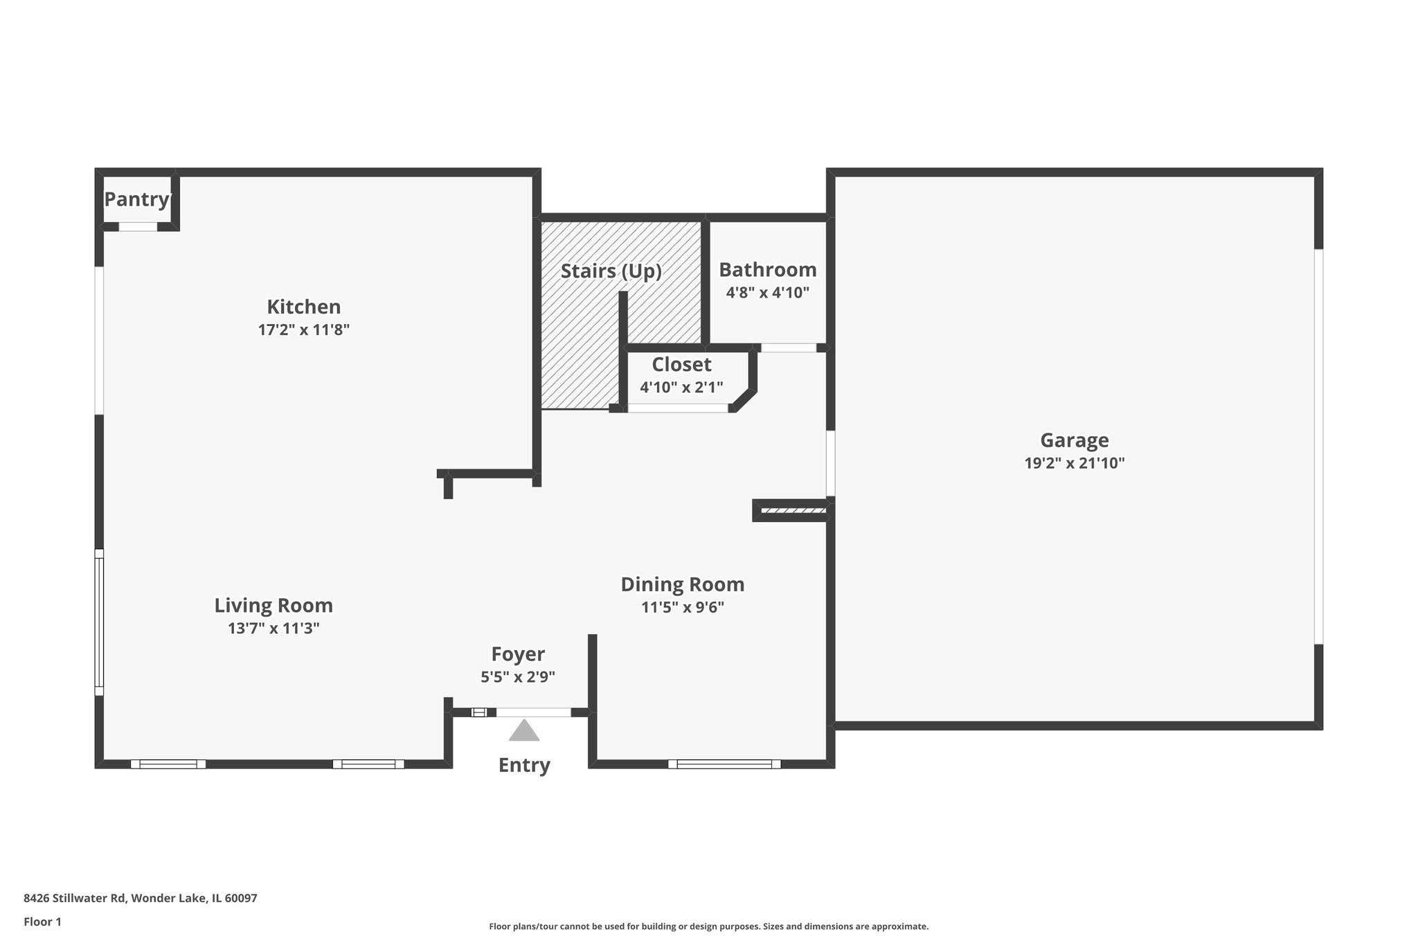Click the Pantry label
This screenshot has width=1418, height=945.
pos(137,199)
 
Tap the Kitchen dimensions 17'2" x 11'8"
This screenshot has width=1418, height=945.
pos(303,330)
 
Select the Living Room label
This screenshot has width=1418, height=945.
pos(273,606)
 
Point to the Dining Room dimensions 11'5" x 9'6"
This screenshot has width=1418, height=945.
pos(682,608)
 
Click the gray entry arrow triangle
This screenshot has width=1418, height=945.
pos(524,731)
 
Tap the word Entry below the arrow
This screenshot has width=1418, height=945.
pos(524,765)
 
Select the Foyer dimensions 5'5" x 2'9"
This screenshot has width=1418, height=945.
pos(518,677)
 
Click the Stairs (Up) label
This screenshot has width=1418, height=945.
pos(611,271)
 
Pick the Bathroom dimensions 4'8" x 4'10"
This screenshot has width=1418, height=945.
pos(767,293)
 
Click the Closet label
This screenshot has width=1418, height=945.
pos(681,364)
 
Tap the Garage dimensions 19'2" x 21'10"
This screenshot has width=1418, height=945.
pos(1074,463)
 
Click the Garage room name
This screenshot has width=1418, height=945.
pos(1074,440)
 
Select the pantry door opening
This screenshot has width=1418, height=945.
pos(138,226)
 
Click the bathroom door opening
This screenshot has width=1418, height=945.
pos(789,348)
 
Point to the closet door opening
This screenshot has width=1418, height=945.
pos(678,408)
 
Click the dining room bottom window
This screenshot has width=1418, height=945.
pos(724,764)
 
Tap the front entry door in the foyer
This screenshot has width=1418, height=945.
pos(534,712)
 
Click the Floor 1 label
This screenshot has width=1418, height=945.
pos(42,921)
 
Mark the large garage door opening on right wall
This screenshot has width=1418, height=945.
pos(1318,447)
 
